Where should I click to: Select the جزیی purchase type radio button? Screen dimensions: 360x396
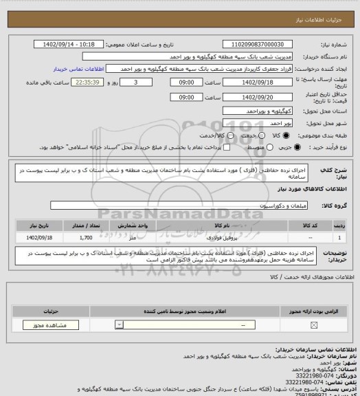[x=297, y=147]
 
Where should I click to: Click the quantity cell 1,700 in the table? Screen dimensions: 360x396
[x=86, y=236]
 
